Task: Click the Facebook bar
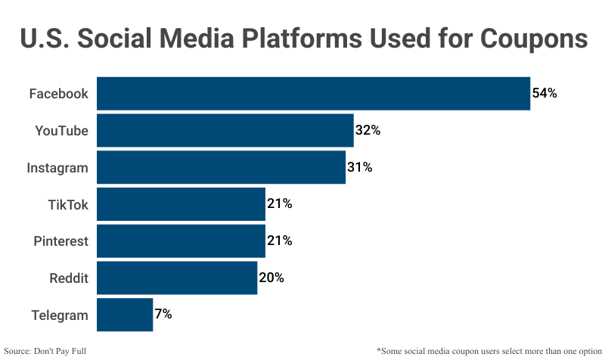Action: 313,94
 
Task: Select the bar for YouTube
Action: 225,131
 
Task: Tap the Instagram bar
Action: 221,168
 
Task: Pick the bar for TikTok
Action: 181,204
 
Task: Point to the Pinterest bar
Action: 181,241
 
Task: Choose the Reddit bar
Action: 177,278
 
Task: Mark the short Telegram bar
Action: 125,315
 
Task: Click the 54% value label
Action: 544,94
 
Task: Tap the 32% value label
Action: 368,131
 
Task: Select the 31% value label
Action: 359,168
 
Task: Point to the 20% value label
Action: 271,278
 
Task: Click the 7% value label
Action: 163,315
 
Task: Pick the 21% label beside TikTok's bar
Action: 279,204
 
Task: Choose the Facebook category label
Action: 59,94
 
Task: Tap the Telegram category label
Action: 60,315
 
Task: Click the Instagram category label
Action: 57,168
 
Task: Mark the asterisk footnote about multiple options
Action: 488,351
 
